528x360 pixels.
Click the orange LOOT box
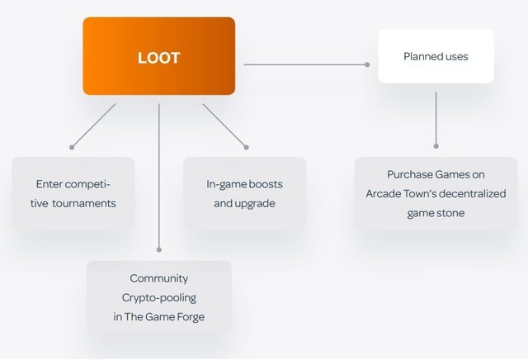click(158, 56)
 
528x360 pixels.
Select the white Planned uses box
click(436, 56)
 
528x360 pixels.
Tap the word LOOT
click(158, 59)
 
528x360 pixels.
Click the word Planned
click(421, 57)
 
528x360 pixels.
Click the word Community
click(159, 278)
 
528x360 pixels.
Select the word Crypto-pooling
click(160, 297)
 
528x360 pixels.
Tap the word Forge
click(189, 316)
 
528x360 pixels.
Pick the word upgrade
click(256, 203)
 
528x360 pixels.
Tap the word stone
click(450, 213)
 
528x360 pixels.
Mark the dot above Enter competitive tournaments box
click(72, 147)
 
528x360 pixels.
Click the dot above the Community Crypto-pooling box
click(158, 249)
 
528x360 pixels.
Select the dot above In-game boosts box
click(245, 147)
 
